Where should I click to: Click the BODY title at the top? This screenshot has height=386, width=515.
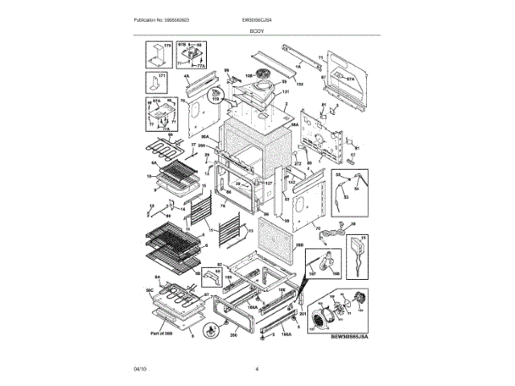click(257, 29)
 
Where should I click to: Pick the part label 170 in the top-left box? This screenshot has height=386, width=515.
click(168, 47)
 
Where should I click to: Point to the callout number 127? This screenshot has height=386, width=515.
click(269, 184)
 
